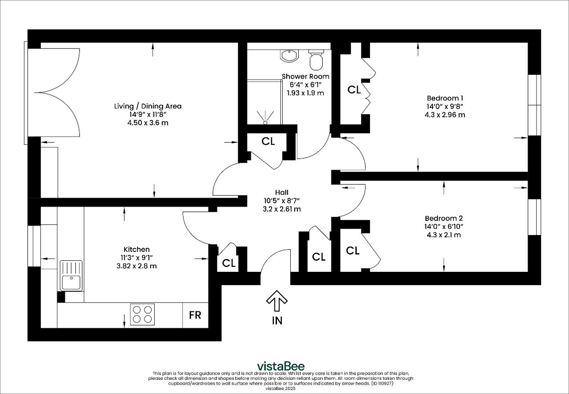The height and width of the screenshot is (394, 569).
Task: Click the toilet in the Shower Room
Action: pos(316,60)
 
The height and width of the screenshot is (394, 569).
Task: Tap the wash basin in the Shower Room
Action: pos(289,56)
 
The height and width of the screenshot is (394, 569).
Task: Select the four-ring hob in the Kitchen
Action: pos(142,314)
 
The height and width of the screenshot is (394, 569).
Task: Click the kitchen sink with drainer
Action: pos(71,276)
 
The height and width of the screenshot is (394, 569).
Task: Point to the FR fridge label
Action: pos(195,315)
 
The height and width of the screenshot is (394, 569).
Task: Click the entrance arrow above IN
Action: pos(277,301)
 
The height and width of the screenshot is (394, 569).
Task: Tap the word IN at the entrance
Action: pos(277,321)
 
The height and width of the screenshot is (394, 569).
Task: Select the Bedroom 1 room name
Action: pos(445,98)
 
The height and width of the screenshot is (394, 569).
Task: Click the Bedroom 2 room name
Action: pos(444,218)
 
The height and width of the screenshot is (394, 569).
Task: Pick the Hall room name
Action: pos(282,192)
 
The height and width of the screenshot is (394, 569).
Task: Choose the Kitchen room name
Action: pos(136,249)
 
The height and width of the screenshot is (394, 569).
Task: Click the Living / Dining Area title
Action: pos(148,106)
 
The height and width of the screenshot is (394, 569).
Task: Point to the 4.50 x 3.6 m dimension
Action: pos(148,123)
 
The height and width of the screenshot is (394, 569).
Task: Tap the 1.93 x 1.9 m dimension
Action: pos(305,93)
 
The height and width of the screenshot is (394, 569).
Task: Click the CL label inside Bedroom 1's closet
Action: pos(354,90)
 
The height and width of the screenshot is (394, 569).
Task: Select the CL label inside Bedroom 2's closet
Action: pos(353,251)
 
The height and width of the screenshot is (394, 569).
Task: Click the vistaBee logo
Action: pos(280,366)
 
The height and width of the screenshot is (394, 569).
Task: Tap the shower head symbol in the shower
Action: pos(265,118)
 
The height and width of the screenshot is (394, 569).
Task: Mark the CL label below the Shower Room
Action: pos(268,141)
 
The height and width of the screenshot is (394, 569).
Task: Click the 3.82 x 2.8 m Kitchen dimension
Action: pos(136,266)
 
